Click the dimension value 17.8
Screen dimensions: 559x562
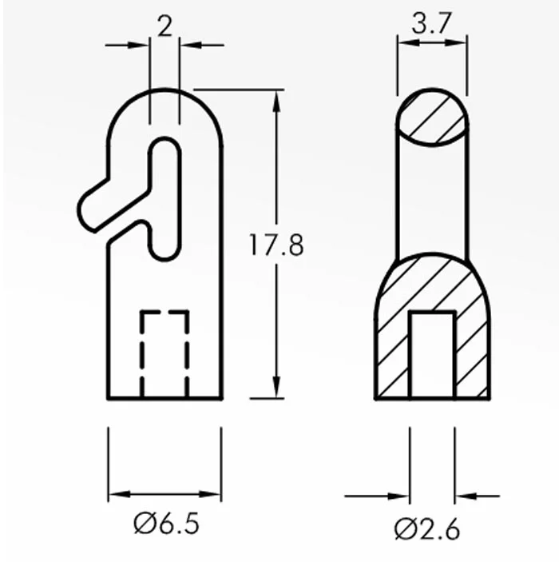coord(276,245)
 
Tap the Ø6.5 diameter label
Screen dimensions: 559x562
coord(167,524)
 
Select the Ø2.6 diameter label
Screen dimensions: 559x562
coord(427,528)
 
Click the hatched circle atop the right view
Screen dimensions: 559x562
coord(432,118)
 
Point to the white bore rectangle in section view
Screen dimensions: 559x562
coord(432,355)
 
